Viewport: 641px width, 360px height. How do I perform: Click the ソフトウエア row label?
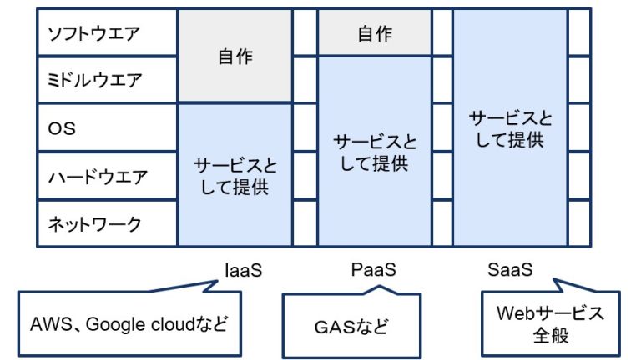click(x=94, y=34)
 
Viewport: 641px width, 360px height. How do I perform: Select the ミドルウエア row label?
click(x=94, y=81)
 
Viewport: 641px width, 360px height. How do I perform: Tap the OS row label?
click(x=63, y=128)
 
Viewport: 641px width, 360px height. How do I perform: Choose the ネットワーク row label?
click(x=94, y=223)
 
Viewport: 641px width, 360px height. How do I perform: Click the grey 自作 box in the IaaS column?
click(x=235, y=57)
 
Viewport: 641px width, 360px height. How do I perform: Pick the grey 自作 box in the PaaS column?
click(x=375, y=34)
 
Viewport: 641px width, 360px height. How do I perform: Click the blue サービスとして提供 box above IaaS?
click(x=235, y=175)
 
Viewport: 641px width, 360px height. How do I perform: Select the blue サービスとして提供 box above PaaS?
click(x=375, y=151)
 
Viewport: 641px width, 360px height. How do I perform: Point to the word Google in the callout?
click(x=112, y=323)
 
